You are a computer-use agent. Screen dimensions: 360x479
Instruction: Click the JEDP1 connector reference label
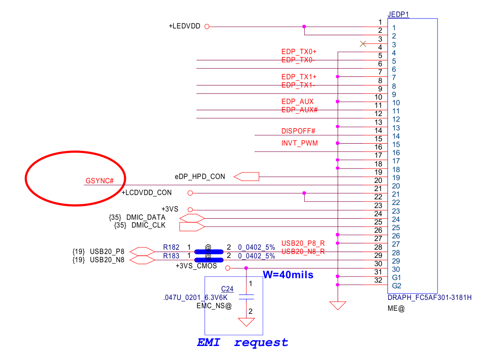(398, 14)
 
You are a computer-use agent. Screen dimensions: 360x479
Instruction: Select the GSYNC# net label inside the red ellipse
(99, 181)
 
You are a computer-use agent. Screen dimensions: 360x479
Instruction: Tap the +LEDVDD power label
(185, 26)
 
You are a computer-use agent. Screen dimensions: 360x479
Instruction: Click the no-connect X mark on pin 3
(363, 44)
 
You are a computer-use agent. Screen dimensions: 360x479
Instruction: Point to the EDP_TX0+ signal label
(298, 51)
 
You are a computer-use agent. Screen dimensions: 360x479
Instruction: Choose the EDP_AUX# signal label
(299, 110)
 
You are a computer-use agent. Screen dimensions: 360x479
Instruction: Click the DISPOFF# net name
(298, 131)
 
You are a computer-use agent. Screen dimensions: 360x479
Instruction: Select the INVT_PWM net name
(299, 143)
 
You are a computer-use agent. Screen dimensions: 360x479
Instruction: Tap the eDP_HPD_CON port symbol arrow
(246, 177)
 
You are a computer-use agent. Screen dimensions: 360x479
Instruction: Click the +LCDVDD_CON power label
(147, 193)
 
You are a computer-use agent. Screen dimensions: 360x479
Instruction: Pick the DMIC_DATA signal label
(146, 217)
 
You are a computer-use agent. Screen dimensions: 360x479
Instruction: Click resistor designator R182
(171, 247)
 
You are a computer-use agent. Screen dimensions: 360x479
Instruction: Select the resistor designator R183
(171, 256)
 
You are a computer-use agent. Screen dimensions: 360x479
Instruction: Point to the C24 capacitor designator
(227, 289)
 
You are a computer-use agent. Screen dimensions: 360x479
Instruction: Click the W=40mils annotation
(288, 274)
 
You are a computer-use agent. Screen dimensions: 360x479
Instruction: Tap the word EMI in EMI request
(208, 342)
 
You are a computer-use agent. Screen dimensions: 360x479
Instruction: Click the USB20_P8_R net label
(303, 243)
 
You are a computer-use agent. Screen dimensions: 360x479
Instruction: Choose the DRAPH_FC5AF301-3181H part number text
(429, 298)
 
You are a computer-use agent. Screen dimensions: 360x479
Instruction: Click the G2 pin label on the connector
(397, 286)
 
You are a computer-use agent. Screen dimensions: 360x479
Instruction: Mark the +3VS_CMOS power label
(196, 266)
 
